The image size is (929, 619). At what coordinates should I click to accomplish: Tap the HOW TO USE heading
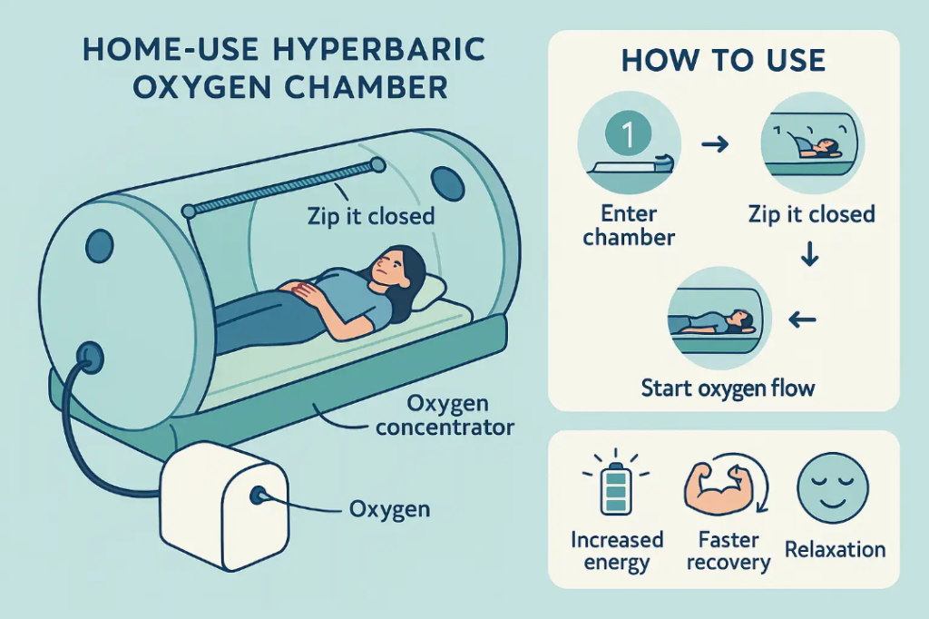723,61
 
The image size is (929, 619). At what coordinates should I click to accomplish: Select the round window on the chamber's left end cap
100,246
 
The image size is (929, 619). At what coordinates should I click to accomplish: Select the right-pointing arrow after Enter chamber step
716,143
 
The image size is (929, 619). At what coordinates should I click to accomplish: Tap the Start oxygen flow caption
728,388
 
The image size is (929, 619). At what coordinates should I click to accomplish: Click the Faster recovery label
728,551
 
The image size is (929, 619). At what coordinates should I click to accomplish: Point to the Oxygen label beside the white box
389,509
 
